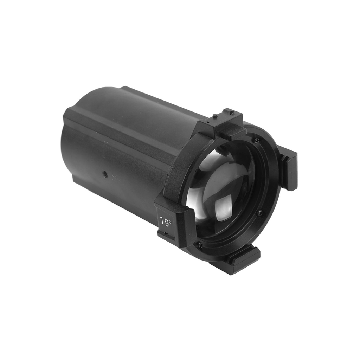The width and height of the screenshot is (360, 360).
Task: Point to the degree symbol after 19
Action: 170,220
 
